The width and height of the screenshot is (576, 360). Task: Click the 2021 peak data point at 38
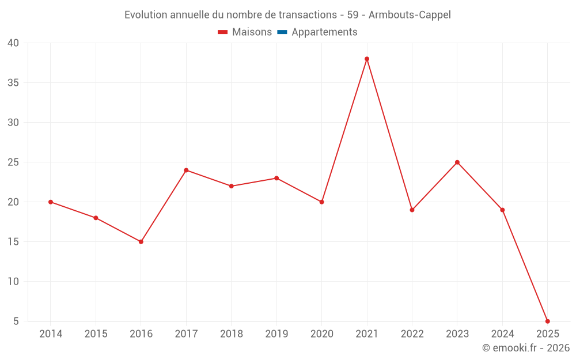pyautogui.click(x=367, y=59)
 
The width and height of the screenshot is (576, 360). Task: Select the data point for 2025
pyautogui.click(x=547, y=321)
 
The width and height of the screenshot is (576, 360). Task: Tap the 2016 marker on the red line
pyautogui.click(x=141, y=241)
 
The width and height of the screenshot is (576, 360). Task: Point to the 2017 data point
pyautogui.click(x=186, y=170)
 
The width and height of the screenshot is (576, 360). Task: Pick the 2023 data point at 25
pyautogui.click(x=457, y=162)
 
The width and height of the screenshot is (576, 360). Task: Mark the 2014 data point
pyautogui.click(x=51, y=202)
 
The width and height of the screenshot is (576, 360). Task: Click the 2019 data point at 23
pyautogui.click(x=276, y=178)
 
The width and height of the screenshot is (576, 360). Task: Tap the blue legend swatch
pyautogui.click(x=282, y=32)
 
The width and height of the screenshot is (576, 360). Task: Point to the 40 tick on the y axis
pyautogui.click(x=13, y=43)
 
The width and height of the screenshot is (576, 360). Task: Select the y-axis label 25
pyautogui.click(x=13, y=162)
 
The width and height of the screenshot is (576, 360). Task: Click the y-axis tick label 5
pyautogui.click(x=16, y=321)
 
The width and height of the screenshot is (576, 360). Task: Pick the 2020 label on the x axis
pyautogui.click(x=321, y=334)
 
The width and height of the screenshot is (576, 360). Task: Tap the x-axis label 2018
pyautogui.click(x=232, y=334)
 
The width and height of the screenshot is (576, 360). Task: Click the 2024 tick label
pyautogui.click(x=502, y=334)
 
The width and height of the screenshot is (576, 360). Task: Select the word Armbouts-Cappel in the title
pyautogui.click(x=410, y=15)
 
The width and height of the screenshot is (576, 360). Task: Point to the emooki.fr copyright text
pyautogui.click(x=526, y=348)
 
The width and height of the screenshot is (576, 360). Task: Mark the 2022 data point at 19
pyautogui.click(x=412, y=210)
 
